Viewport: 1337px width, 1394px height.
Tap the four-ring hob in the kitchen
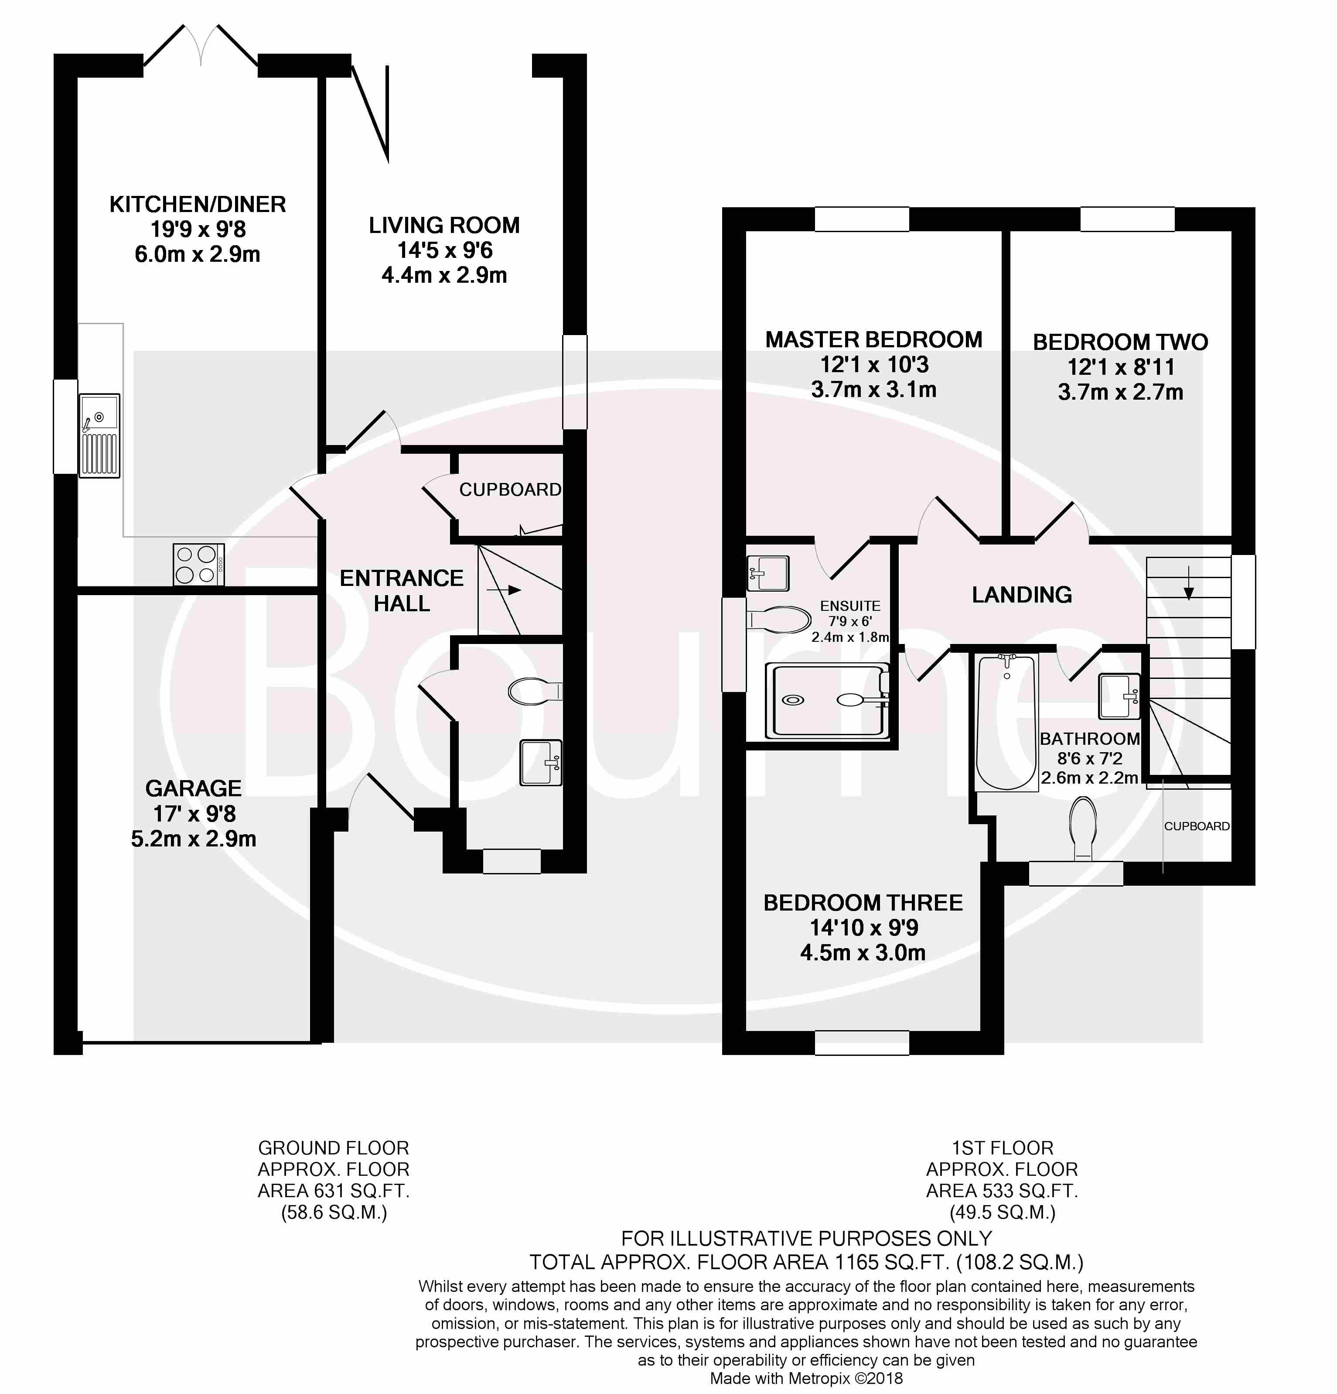[199, 565]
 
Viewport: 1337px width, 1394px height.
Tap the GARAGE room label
[193, 788]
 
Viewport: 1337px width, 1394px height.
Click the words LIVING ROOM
[444, 226]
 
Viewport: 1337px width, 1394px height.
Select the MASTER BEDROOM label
[873, 339]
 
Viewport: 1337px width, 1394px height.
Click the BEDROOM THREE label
[863, 903]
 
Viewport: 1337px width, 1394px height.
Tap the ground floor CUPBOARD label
[510, 490]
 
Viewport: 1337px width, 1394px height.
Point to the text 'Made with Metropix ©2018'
[806, 1378]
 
